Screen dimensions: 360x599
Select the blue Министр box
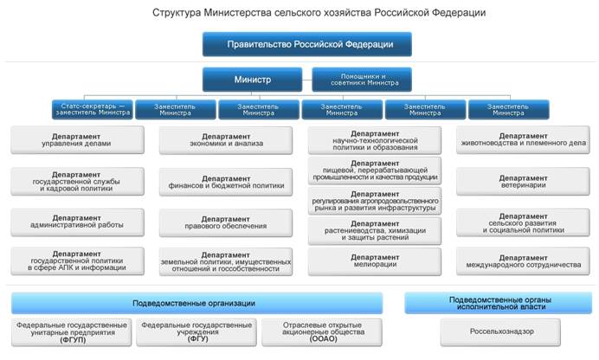(x=252, y=80)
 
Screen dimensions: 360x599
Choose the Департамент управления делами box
(x=77, y=139)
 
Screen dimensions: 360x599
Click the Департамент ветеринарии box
(x=522, y=181)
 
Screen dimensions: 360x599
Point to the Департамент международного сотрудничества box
(x=522, y=260)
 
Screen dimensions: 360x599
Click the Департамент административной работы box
(x=77, y=221)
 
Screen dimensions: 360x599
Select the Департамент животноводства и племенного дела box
(x=522, y=139)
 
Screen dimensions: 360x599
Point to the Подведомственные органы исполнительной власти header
(x=497, y=303)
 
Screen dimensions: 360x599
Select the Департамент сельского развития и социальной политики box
(x=522, y=221)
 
